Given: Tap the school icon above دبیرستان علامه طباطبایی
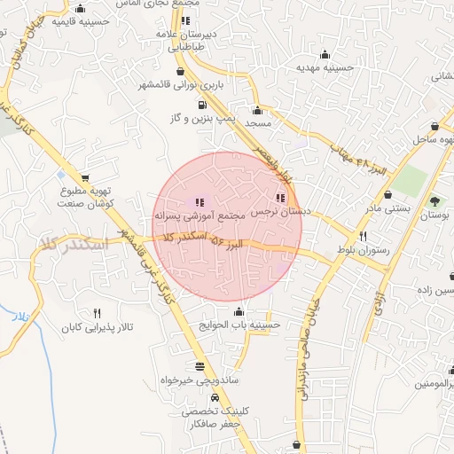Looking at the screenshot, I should click(x=184, y=20).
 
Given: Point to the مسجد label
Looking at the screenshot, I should click(x=257, y=123).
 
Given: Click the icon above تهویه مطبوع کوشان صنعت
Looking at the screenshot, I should click(x=85, y=177).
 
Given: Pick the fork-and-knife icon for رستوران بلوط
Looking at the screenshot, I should click(x=363, y=236).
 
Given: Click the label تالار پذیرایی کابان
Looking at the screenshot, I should click(x=97, y=328).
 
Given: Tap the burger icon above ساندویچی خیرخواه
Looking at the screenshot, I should click(x=199, y=367).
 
